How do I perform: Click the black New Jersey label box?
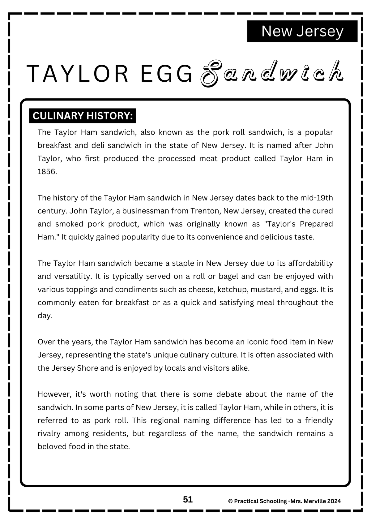(302, 31)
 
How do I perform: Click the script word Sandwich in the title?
(272, 73)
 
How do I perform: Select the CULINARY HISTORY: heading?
(83, 116)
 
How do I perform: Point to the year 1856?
(47, 172)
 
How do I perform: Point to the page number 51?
(188, 500)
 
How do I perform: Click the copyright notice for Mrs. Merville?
(284, 501)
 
